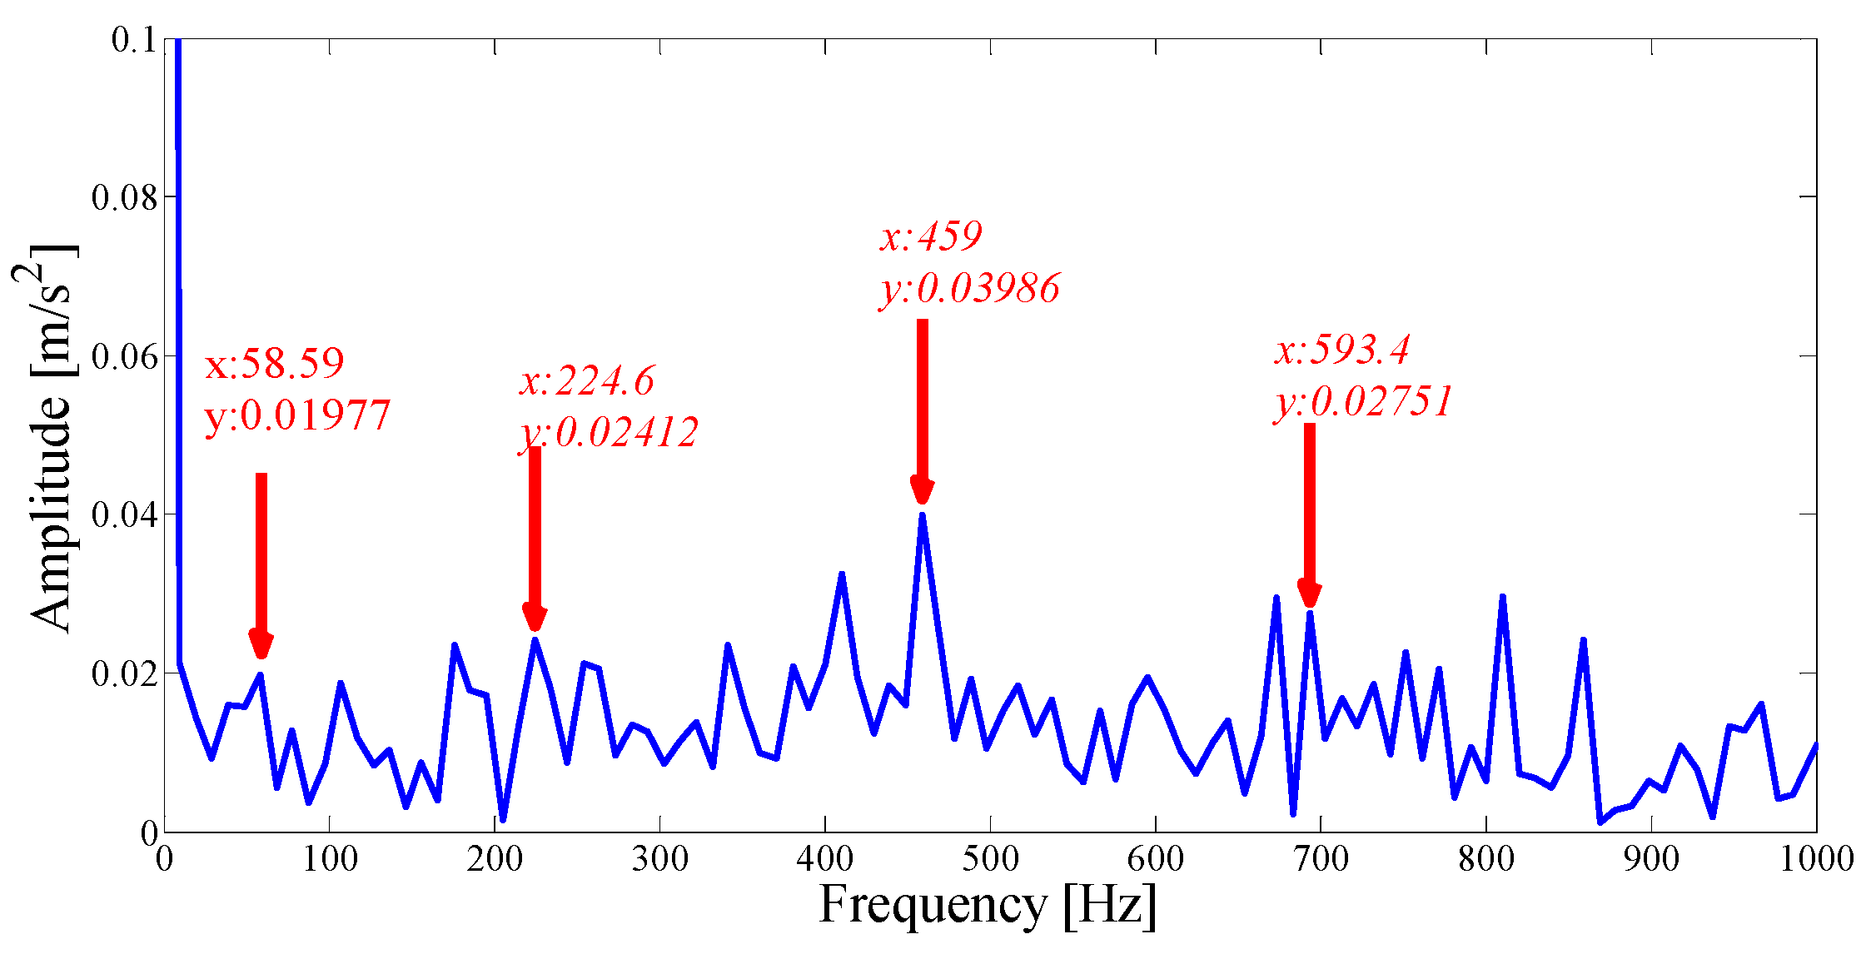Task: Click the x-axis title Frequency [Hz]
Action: [988, 906]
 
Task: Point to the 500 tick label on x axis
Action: [990, 859]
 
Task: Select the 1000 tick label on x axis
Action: [1816, 859]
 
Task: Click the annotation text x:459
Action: [931, 237]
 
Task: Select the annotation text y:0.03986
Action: [970, 289]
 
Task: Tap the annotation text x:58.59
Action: [274, 364]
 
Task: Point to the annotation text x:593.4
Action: [1341, 350]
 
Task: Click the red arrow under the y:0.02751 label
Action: [1309, 512]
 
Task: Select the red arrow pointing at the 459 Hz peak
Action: [922, 408]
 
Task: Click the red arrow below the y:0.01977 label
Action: [261, 563]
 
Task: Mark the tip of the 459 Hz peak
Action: [922, 515]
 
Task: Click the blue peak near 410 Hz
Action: [841, 574]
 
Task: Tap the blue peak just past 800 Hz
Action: [1502, 597]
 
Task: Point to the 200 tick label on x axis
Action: [495, 859]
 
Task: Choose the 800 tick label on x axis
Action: [1485, 859]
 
